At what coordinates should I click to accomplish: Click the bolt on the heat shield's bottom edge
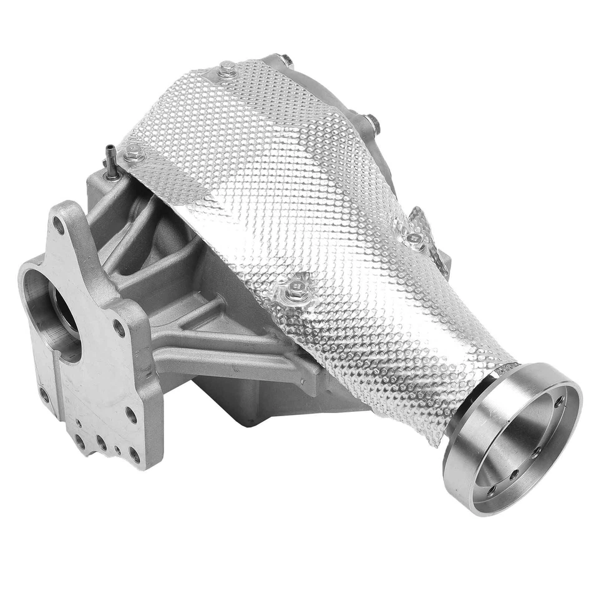tap(293, 291)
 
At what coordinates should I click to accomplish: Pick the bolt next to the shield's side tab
tap(414, 240)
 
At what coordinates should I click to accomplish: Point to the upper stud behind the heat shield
tap(285, 61)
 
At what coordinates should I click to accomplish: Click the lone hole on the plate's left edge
tap(44, 394)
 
